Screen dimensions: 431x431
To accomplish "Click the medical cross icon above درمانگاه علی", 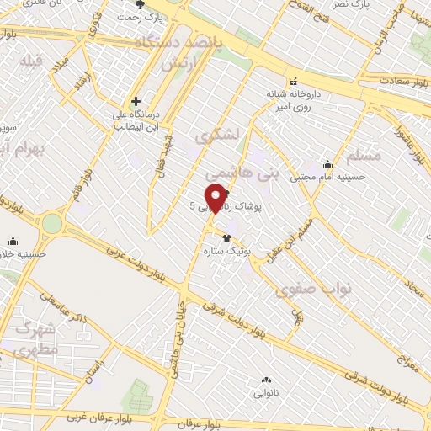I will (x=136, y=101).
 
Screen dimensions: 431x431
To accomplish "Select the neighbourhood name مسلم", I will (x=363, y=156).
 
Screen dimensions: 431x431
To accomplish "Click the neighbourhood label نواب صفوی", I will (x=312, y=290).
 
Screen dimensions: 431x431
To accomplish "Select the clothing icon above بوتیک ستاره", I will (x=226, y=238).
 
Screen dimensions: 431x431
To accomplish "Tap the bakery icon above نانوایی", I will (x=268, y=380).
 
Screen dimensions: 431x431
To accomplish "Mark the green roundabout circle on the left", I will (x=53, y=223).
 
